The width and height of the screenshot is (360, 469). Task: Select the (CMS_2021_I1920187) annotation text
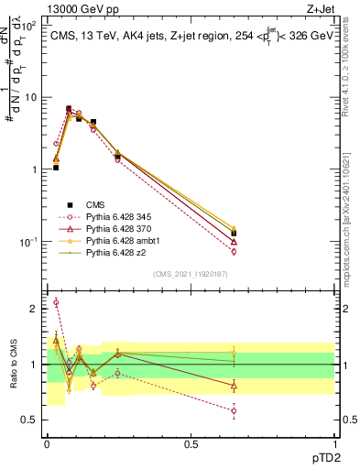[x=191, y=273]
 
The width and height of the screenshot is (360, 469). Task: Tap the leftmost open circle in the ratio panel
[x=56, y=302]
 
